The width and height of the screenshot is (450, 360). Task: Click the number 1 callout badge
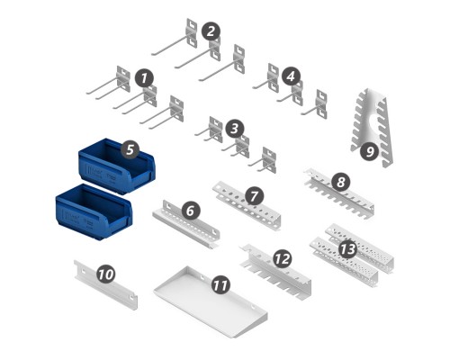pyautogui.click(x=144, y=78)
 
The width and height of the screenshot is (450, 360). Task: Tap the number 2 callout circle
pyautogui.click(x=211, y=31)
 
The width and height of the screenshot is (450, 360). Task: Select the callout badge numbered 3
pyautogui.click(x=235, y=129)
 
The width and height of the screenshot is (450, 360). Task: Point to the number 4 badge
pyautogui.click(x=291, y=76)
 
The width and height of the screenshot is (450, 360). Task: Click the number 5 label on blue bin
pyautogui.click(x=130, y=149)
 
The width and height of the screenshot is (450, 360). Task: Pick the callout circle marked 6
pyautogui.click(x=191, y=211)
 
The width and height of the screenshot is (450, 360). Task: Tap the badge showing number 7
pyautogui.click(x=255, y=196)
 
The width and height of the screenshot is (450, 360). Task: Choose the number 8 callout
pyautogui.click(x=341, y=182)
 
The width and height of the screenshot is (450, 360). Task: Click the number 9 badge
pyautogui.click(x=370, y=151)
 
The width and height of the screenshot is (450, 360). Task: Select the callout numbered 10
pyautogui.click(x=106, y=274)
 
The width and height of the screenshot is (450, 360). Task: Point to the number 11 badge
pyautogui.click(x=220, y=284)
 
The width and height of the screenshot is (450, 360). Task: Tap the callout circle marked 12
pyautogui.click(x=283, y=258)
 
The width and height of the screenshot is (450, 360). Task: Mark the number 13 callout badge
pyautogui.click(x=348, y=249)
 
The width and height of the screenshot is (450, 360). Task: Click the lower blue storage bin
pyautogui.click(x=94, y=212)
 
